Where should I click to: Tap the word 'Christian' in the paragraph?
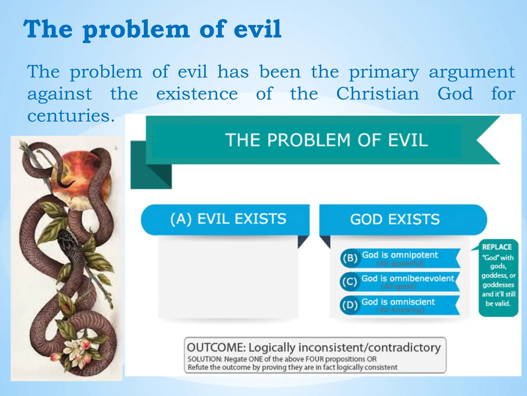coord(378,94)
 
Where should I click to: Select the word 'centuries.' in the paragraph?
coord(71,116)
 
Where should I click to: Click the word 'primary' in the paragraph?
coord(384,72)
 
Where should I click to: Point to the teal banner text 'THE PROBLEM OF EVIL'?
coord(326,140)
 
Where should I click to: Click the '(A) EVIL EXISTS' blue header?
coord(228,219)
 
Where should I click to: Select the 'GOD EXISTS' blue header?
coord(395,220)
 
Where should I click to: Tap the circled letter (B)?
coord(350,258)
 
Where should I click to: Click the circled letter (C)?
coord(349,282)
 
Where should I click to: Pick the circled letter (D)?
coord(350,305)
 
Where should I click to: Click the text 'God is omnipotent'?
coord(400,255)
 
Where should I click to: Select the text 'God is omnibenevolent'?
coord(408,278)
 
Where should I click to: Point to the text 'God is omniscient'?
coord(398,302)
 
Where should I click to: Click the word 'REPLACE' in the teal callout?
coord(497,247)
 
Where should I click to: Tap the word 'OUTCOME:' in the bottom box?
coord(216,348)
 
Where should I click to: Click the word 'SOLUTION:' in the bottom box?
coord(205,359)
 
